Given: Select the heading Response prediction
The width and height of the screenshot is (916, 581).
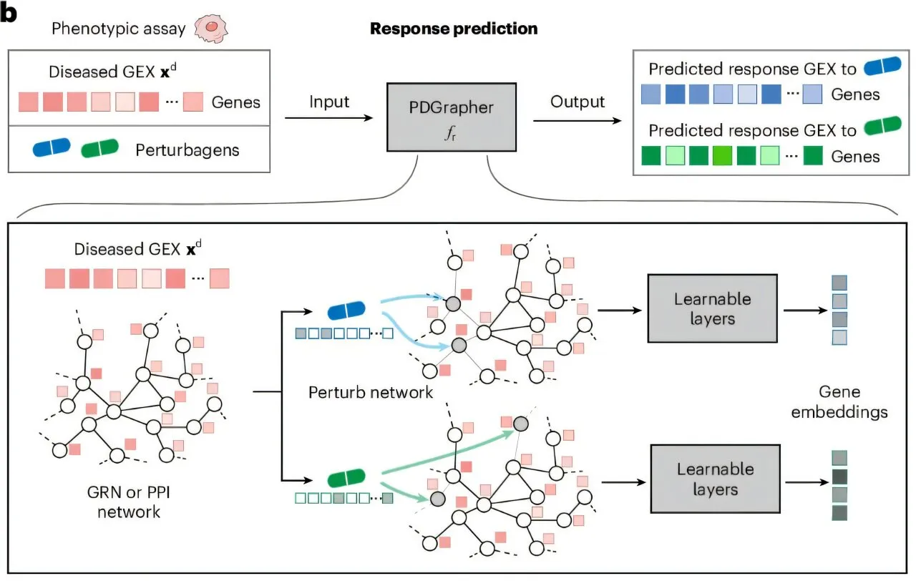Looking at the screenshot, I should click(x=454, y=29).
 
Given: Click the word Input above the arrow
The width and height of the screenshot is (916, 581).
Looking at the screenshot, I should click(x=329, y=102).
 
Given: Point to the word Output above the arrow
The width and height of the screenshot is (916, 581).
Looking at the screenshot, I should click(x=578, y=102).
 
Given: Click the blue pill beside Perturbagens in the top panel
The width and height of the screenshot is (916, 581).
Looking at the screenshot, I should click(x=52, y=148).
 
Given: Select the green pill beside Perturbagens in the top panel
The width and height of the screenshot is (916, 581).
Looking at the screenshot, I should click(x=100, y=148).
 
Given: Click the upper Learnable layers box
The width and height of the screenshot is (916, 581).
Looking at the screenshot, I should click(x=712, y=308).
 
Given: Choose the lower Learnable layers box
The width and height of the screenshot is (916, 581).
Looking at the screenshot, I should click(x=715, y=479).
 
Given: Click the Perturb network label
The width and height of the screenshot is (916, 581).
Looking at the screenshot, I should click(x=371, y=392).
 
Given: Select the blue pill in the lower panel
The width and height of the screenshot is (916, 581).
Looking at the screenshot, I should click(x=346, y=311).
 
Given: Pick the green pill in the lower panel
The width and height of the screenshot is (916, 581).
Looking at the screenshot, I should click(x=346, y=477).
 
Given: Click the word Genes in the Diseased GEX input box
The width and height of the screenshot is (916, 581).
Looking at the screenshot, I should click(x=236, y=102).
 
